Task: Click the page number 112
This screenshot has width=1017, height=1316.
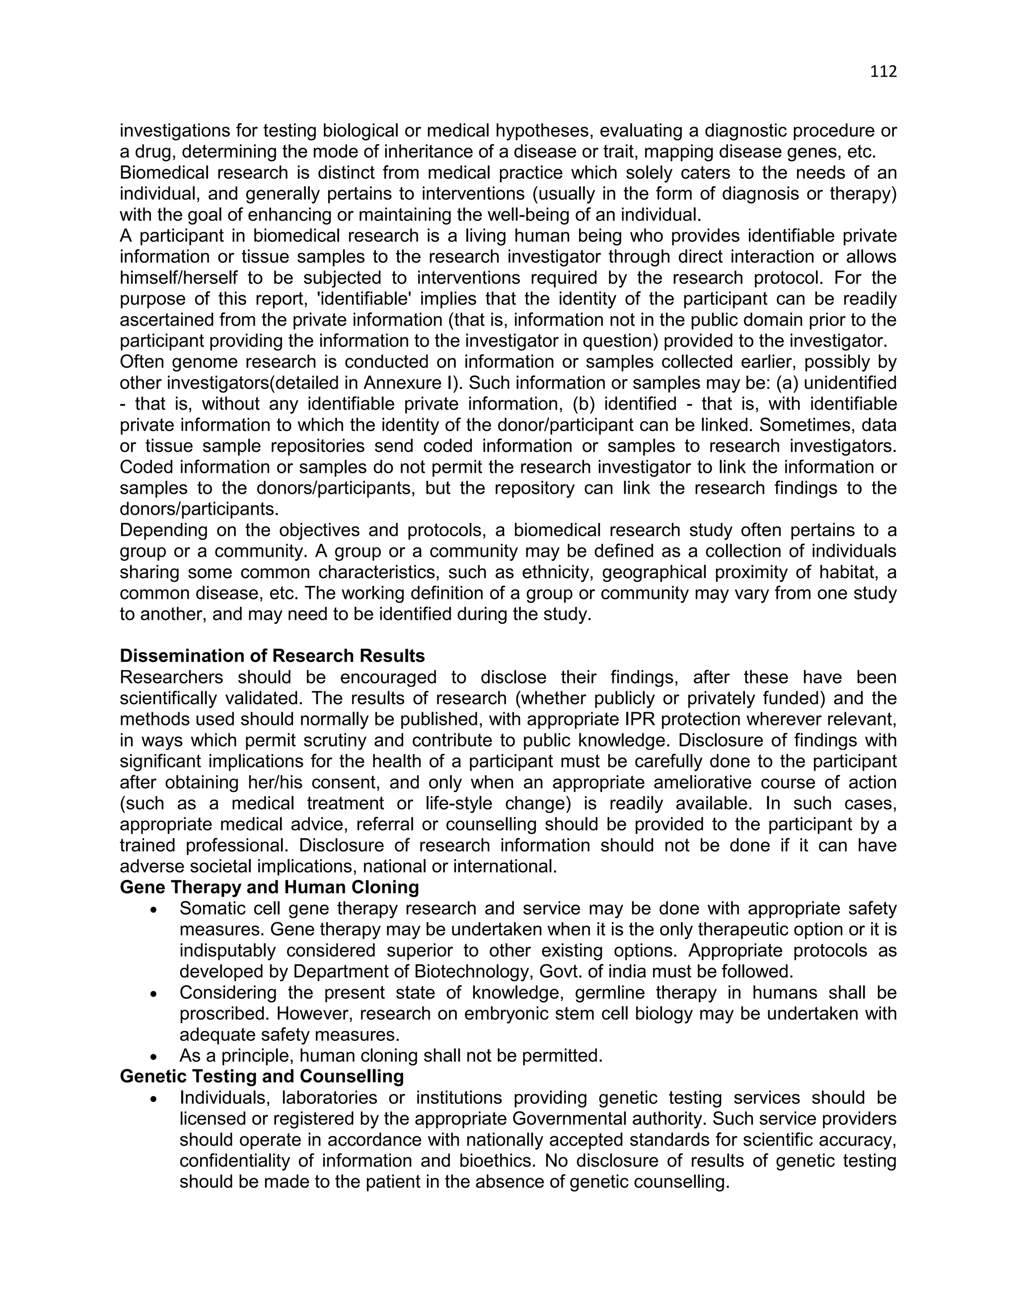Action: pos(883,72)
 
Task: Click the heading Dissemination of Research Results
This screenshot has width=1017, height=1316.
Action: pos(272,656)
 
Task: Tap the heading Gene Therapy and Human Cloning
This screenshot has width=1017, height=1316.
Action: pos(269,887)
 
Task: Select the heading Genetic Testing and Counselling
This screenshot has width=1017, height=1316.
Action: pos(262,1076)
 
